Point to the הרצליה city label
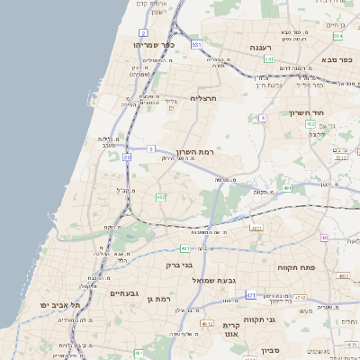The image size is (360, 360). point(204,98)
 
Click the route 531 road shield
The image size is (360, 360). point(196,43)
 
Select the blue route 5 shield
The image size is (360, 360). point(151,148)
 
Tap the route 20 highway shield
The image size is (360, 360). point(127,157)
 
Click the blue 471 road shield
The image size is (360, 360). point(250,295)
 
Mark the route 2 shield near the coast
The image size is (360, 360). point(143,32)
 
